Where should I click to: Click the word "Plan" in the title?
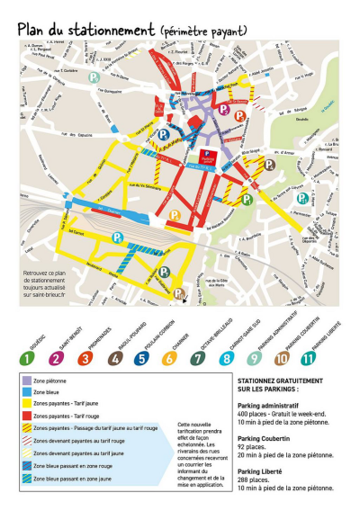(x=35, y=29)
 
